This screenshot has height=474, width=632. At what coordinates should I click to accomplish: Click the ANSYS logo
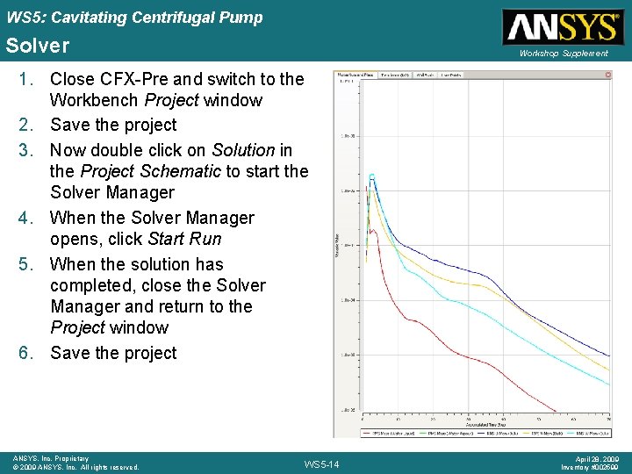click(561, 26)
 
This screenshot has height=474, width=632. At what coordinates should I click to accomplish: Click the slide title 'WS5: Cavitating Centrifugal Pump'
click(133, 18)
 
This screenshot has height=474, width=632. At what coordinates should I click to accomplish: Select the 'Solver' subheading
click(38, 45)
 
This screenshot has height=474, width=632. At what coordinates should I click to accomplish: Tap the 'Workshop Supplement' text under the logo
click(563, 54)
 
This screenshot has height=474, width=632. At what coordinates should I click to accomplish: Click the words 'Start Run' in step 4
click(184, 239)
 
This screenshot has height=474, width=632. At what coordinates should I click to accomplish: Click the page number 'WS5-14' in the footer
click(320, 463)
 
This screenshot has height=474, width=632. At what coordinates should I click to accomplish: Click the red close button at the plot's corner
click(607, 75)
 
